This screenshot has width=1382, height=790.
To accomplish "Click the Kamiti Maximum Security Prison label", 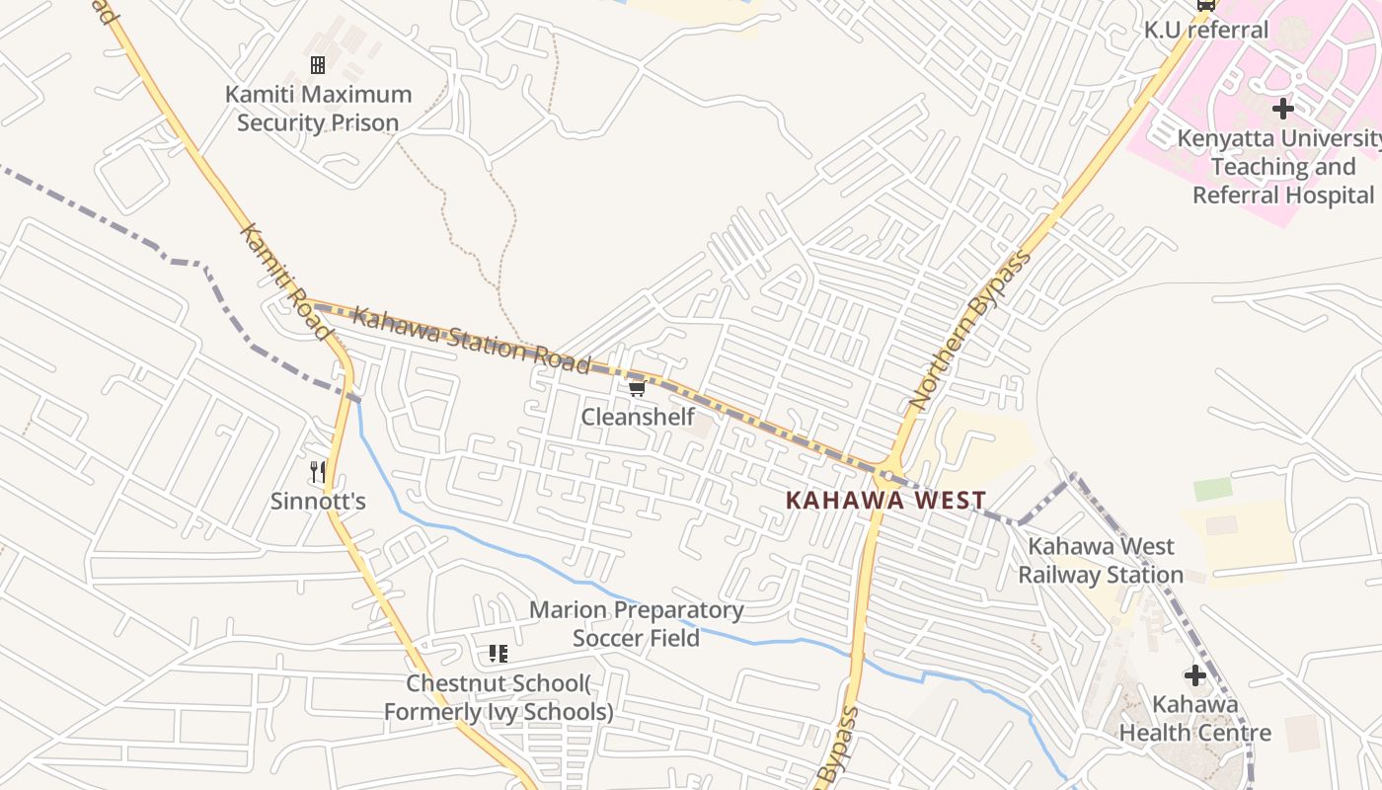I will (x=317, y=109).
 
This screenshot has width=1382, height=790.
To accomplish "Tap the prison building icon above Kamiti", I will (x=318, y=65).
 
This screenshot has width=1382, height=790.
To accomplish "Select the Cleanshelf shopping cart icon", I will (x=637, y=388).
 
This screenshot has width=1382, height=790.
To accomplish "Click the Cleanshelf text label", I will (x=638, y=417).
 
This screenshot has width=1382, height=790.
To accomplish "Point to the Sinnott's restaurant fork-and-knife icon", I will (x=318, y=472).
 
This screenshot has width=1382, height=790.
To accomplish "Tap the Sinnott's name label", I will (x=318, y=502).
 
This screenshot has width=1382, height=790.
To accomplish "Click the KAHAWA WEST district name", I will (x=884, y=500).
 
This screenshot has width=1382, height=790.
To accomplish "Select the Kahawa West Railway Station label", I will (x=1101, y=560).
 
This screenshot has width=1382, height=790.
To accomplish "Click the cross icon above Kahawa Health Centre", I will (x=1195, y=675).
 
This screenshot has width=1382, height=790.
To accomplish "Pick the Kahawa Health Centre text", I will (x=1194, y=719).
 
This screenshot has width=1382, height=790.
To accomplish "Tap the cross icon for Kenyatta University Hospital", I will (x=1283, y=108).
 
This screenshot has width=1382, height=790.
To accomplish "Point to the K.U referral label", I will (x=1206, y=30).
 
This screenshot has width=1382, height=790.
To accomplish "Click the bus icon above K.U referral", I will (x=1205, y=5).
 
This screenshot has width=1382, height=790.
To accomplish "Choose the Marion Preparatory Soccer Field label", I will (x=636, y=624).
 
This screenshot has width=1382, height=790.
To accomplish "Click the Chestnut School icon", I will (x=499, y=653).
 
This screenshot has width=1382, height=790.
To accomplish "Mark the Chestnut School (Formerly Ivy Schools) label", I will (x=499, y=697).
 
